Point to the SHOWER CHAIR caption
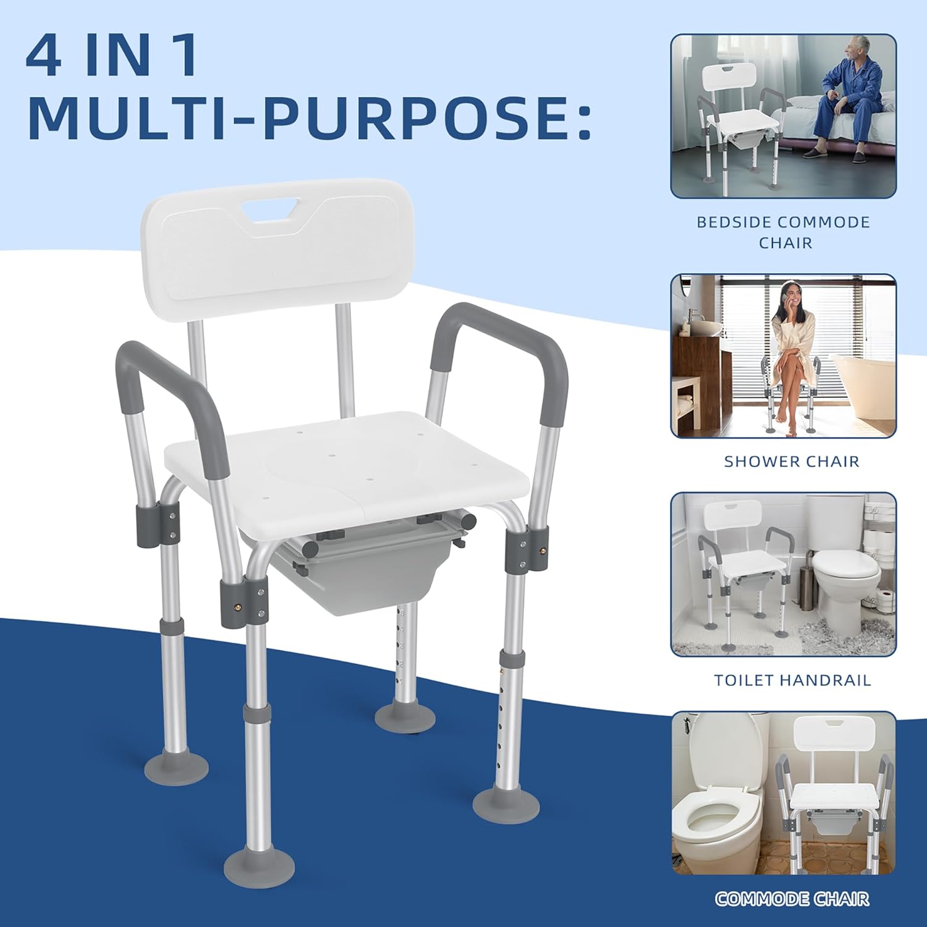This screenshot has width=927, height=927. tap(792, 462)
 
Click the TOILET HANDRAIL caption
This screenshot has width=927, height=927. tap(792, 680)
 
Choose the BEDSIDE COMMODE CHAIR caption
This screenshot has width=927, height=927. tap(784, 232)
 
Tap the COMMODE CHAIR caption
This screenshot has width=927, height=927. tap(792, 899)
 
